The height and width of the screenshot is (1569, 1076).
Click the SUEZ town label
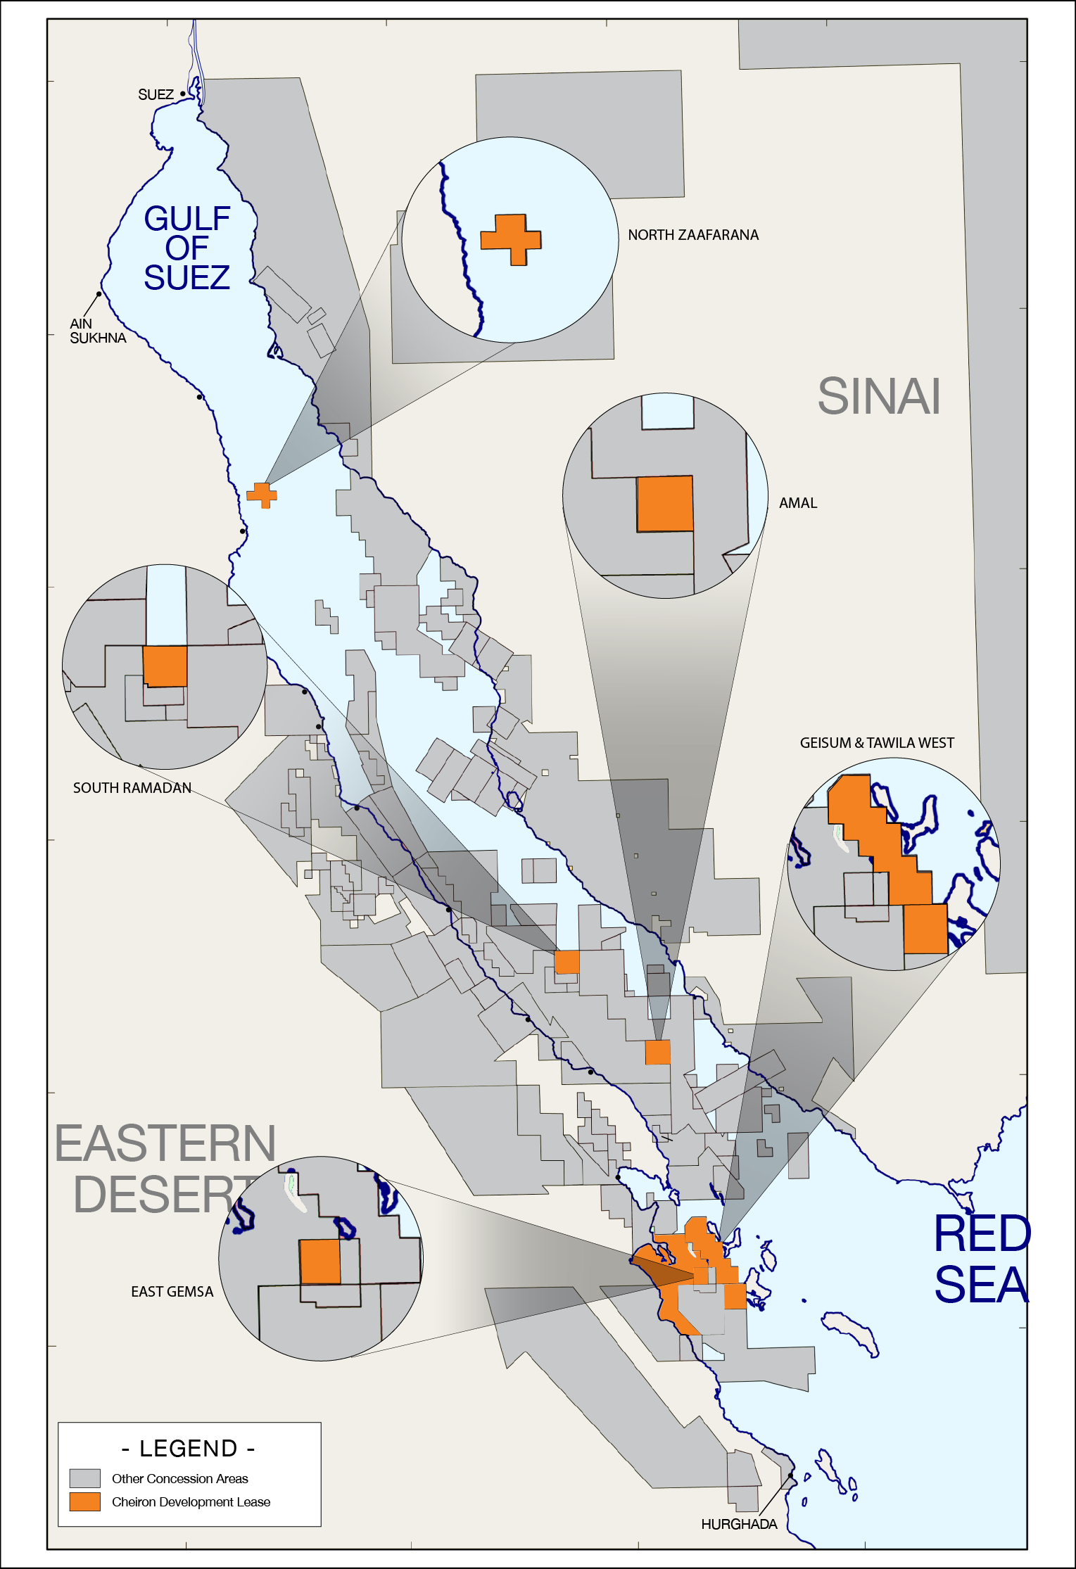tap(156, 95)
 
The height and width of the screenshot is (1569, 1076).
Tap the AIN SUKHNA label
tap(97, 331)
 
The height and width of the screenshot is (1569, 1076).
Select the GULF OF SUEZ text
tap(187, 248)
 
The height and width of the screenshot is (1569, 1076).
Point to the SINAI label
tap(878, 397)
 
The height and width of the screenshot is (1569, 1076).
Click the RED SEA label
tap(981, 1259)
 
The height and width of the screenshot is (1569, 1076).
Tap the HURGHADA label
tap(739, 1524)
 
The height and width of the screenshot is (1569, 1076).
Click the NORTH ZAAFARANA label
tap(692, 235)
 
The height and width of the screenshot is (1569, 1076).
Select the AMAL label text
tap(798, 503)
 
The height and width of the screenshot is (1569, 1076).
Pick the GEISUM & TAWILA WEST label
tap(876, 743)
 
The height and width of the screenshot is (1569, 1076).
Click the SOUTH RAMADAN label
tap(132, 788)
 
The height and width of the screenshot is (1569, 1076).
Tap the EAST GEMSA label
tap(172, 1292)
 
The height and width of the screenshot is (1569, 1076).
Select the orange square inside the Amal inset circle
tap(665, 504)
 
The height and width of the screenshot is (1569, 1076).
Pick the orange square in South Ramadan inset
tap(165, 666)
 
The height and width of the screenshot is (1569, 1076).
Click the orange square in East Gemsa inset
tap(320, 1262)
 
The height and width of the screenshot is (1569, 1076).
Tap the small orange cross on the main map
tap(262, 495)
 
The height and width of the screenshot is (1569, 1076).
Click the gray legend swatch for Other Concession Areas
tap(84, 1478)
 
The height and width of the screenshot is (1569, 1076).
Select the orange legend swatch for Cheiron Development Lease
tap(84, 1501)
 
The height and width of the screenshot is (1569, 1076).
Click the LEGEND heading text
tap(189, 1449)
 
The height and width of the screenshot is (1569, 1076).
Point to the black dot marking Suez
tap(183, 94)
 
